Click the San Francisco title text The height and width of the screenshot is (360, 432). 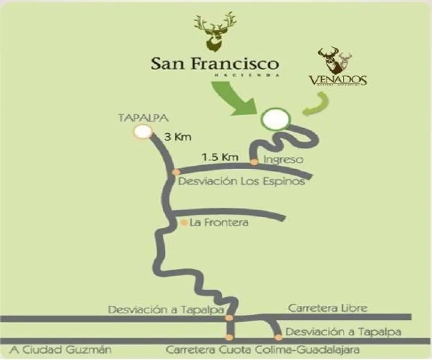pos(215,64)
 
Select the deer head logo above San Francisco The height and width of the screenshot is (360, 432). pos(215,32)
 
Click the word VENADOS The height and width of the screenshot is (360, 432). pos(337,80)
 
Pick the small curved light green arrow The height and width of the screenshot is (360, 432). pos(317,104)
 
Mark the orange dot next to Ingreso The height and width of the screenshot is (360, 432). pos(254,162)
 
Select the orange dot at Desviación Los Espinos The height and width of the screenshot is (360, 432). pos(176,172)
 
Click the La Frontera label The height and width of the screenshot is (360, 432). pos(219,223)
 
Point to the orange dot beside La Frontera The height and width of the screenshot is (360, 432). pos(184,223)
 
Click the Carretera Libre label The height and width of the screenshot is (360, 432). pos(328,308)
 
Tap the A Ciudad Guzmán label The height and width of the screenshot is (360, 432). pos(61,350)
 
